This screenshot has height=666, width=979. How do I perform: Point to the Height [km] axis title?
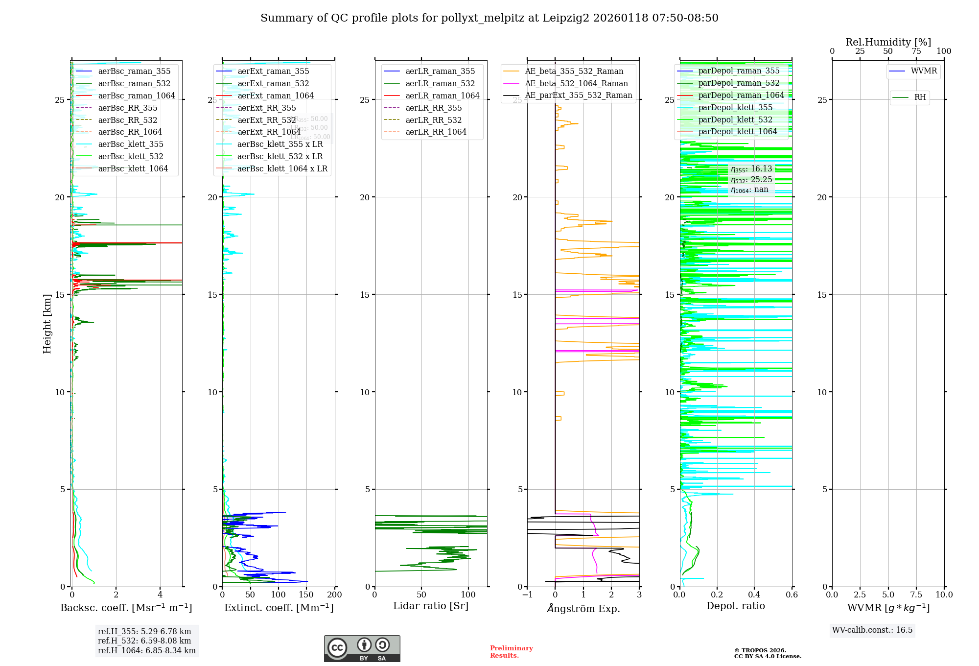coord(47,324)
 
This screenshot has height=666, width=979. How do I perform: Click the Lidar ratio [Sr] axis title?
coord(431,606)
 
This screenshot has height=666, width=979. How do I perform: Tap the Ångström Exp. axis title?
coord(583,608)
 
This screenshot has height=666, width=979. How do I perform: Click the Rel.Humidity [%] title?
coord(888,42)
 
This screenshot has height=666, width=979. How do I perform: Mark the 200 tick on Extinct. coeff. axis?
coord(335,595)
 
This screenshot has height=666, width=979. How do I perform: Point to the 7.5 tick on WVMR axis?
coord(916,595)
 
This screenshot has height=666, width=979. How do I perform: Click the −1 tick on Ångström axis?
coord(527,595)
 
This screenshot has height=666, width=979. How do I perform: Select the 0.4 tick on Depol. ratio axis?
coord(754,595)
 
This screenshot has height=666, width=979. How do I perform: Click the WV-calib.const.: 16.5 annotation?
coord(872,630)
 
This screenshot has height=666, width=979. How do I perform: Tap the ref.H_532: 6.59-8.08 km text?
coord(144,641)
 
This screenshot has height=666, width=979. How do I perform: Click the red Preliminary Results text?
coord(511,652)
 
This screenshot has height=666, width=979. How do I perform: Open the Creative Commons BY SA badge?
coord(362,648)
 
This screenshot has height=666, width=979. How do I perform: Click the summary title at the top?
coord(489,18)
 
